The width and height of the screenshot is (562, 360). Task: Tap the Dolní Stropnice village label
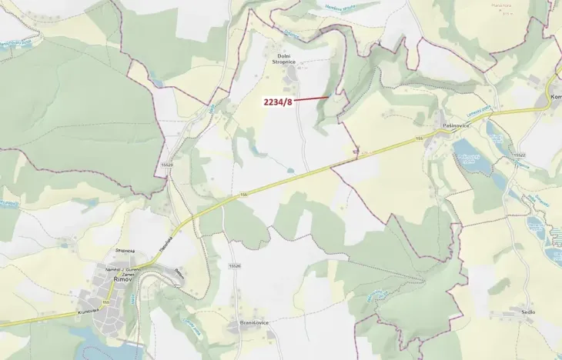284,59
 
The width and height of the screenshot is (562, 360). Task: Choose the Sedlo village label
527,312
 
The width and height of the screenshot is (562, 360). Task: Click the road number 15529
167,165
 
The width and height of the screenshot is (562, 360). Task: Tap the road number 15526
235,265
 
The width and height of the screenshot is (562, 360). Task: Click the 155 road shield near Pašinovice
420,138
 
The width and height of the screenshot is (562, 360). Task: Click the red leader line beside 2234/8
311,98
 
